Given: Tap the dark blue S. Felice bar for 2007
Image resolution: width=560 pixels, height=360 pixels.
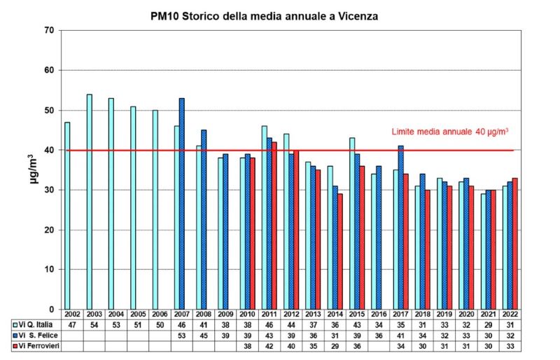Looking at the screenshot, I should click(x=182, y=204).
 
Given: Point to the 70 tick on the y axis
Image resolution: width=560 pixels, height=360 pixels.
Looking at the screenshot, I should click(x=48, y=30).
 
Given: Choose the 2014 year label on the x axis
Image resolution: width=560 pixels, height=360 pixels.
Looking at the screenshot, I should click(x=335, y=314).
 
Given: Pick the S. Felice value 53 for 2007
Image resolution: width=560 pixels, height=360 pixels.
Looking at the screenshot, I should click(x=181, y=335).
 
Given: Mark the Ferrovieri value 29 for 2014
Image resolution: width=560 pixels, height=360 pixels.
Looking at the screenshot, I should click(x=335, y=346).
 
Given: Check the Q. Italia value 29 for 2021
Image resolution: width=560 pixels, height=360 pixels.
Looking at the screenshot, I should click(x=488, y=325).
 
